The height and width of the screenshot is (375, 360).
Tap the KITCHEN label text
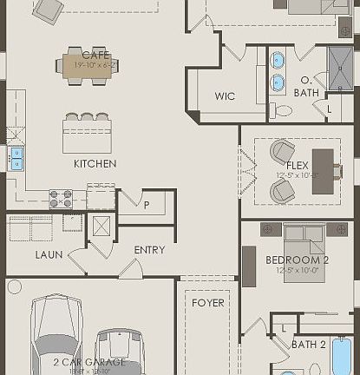pos(95,163)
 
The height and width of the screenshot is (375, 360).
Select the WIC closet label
pos(225,96)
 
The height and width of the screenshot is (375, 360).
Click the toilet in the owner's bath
pos(283,110)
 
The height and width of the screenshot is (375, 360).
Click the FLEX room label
pos(297,164)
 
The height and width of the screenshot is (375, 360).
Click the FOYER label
pos(207,303)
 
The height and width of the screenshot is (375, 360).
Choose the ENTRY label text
pos(149,250)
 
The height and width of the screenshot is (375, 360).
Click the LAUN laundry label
pos(49,255)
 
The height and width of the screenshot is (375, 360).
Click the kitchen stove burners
pos(61,199)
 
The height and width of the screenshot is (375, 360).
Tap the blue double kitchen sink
pos(16,157)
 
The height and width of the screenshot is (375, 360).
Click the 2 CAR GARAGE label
pos(88,362)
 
